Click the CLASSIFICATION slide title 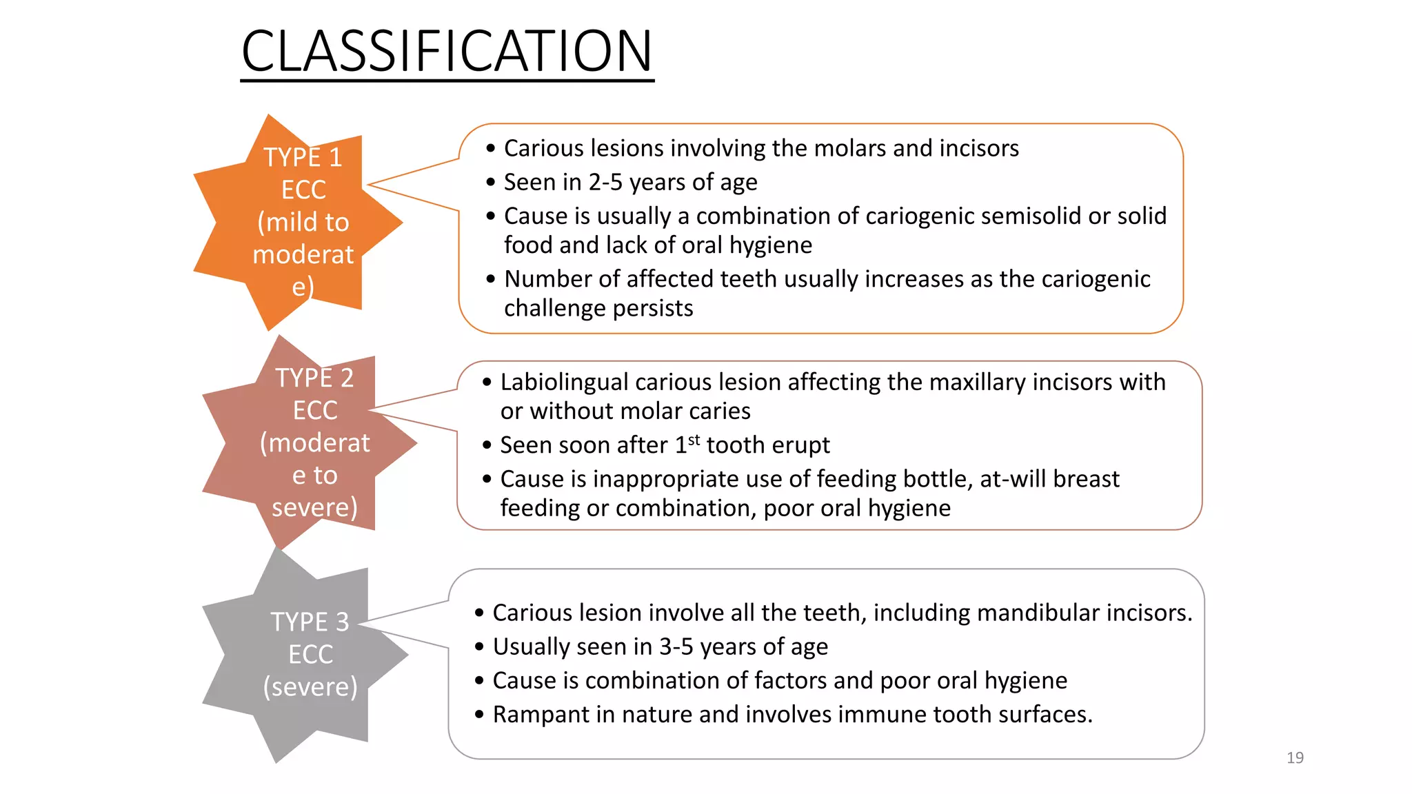(447, 52)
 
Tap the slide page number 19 (1295, 757)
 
